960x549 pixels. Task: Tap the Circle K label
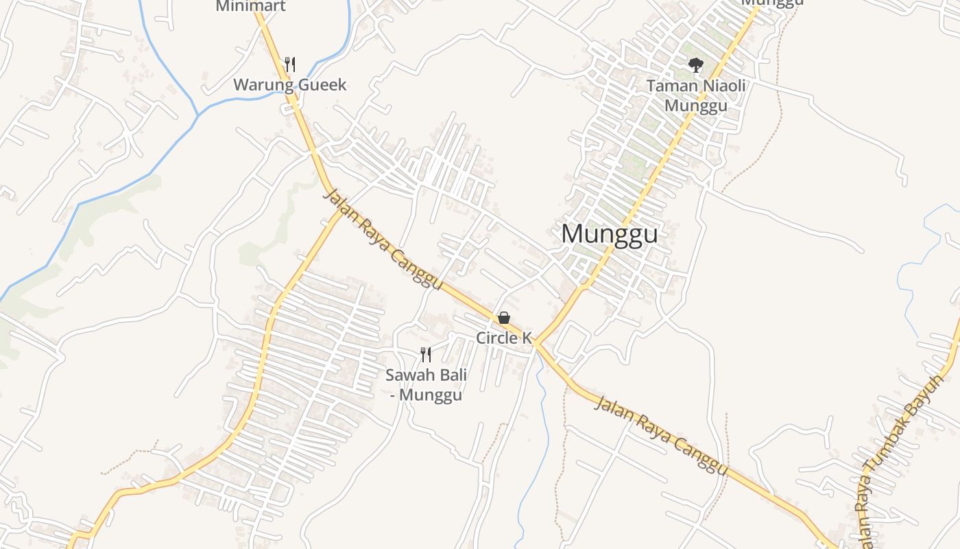pos(504,338)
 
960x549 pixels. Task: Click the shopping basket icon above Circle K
pos(504,318)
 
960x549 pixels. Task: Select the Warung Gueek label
pos(290,85)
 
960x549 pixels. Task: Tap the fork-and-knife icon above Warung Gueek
pos(290,65)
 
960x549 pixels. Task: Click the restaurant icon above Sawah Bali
pos(426,355)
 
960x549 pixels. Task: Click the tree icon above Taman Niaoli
pos(696,65)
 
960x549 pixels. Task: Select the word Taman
pos(670,86)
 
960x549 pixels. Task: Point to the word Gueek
pos(322,85)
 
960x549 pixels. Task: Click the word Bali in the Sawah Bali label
pos(452,375)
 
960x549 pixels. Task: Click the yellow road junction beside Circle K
pos(536,342)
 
